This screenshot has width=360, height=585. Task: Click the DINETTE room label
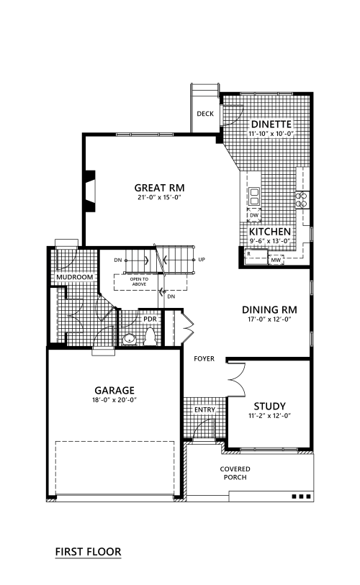point(271,124)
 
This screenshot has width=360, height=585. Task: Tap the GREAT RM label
point(159,188)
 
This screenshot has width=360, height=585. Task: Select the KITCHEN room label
point(270,231)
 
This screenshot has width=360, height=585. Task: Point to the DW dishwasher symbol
point(254,215)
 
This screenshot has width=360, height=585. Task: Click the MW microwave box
point(276,260)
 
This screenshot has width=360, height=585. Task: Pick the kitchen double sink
point(254,196)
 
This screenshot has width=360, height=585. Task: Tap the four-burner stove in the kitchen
point(302,199)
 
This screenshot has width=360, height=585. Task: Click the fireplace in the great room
point(90,191)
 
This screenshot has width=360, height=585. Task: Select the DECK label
point(205,114)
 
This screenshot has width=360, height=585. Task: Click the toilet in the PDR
point(150,337)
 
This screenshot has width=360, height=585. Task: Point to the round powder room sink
point(130,339)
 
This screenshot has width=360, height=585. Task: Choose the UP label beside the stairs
point(202,260)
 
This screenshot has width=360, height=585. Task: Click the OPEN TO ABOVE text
point(139,281)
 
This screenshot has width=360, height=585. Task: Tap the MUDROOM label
point(75,277)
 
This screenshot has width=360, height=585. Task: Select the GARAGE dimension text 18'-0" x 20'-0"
point(114,400)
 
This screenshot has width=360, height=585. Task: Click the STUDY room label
point(269,407)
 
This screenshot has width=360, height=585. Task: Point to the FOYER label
point(204,359)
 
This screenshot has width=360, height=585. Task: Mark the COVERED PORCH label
point(235,473)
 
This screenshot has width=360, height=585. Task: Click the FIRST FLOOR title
point(88,552)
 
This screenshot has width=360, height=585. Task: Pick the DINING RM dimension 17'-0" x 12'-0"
point(269,319)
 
